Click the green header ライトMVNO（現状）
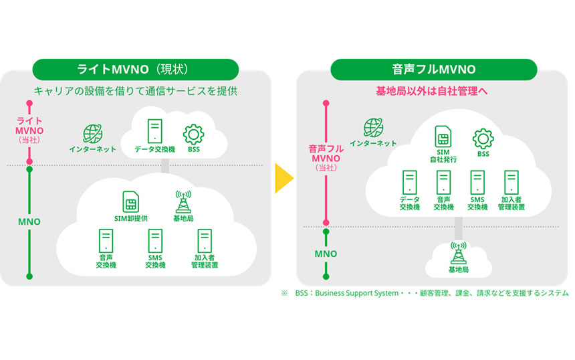pos(135,69)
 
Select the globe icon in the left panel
pos(92,132)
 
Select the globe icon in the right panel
pos(372,127)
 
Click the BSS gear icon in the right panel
pos(483,138)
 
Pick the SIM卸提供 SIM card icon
pos(130,201)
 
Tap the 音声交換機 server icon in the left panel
pos(106,240)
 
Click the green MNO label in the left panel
pos(29,221)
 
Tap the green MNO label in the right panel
pos(326,254)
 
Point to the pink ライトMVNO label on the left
pos(29,124)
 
